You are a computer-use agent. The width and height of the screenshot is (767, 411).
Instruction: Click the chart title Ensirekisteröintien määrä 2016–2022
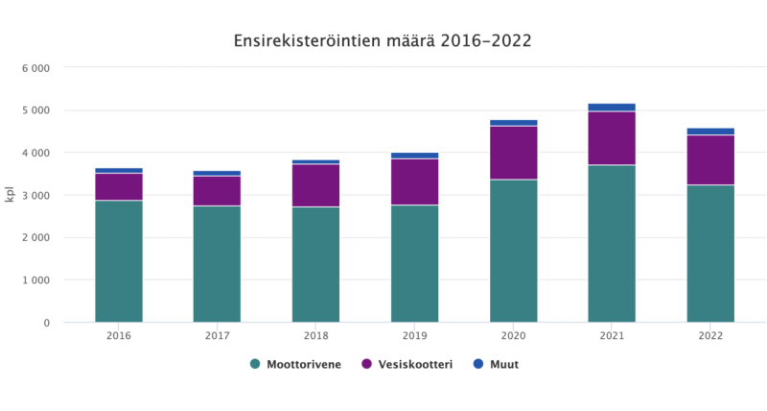tap(383, 41)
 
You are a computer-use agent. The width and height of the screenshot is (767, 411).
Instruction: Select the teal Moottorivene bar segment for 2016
tap(119, 261)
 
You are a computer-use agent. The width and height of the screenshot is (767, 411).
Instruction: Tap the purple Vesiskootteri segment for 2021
tap(612, 138)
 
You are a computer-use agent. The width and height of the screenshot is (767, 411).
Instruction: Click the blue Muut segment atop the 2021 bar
tap(612, 108)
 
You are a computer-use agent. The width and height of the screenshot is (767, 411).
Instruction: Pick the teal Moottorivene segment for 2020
tap(513, 251)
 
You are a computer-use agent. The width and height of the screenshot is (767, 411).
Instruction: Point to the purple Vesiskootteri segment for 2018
tap(316, 185)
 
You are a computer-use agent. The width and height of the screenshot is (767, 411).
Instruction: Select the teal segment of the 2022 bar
tap(710, 254)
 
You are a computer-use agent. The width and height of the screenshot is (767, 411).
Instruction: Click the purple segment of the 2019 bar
tap(415, 181)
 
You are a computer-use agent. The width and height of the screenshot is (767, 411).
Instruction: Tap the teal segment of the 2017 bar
tap(217, 264)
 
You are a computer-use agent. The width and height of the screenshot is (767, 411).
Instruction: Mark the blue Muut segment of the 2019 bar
tap(415, 156)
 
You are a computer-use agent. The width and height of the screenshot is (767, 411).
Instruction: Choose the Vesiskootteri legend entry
tap(407, 364)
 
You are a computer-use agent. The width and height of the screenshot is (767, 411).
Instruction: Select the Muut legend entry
tap(496, 364)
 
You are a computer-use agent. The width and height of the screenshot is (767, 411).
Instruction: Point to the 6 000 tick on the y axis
tap(36, 68)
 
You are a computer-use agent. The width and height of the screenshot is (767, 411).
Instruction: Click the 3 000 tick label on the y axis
tap(36, 195)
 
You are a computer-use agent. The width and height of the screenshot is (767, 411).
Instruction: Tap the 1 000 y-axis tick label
tap(36, 280)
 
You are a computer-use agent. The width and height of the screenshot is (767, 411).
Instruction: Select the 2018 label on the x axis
tap(316, 336)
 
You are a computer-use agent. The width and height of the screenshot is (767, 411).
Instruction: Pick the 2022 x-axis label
tap(710, 336)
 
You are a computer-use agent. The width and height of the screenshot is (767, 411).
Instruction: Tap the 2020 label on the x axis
tap(513, 336)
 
